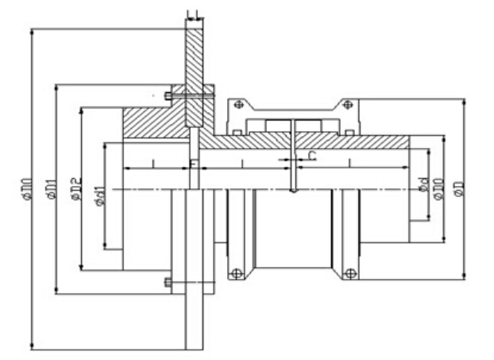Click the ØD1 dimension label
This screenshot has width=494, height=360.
(x=49, y=188)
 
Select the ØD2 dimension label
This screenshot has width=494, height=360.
(x=75, y=189)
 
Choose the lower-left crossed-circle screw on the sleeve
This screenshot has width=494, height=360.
(x=236, y=275)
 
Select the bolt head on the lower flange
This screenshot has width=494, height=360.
(x=167, y=282)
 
